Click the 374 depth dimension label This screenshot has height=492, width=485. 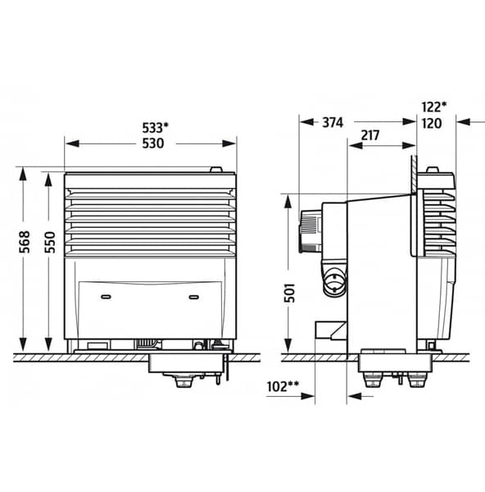click(x=332, y=122)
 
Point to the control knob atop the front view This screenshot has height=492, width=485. click(x=215, y=171)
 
